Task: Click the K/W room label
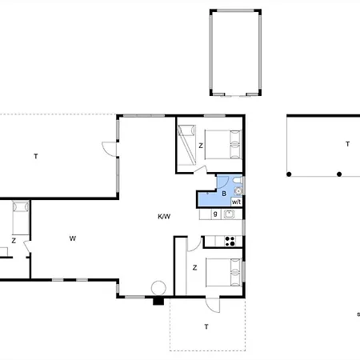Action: (164, 216)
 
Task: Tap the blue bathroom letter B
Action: (224, 194)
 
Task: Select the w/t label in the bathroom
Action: (236, 202)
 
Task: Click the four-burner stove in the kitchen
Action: (230, 241)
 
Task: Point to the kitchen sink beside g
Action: (229, 214)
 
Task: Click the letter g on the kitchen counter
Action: (215, 214)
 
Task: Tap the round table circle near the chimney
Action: (158, 288)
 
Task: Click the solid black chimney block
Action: (158, 301)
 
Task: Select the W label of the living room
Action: (73, 238)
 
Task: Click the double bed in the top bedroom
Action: (223, 145)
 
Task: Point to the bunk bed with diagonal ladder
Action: (187, 145)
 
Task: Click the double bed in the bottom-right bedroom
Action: (224, 272)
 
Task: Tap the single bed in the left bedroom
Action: (21, 218)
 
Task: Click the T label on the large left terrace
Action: (36, 156)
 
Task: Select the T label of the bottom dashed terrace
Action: (206, 326)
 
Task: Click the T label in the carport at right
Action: (347, 144)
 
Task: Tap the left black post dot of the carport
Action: (289, 174)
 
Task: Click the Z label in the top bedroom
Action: (201, 146)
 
